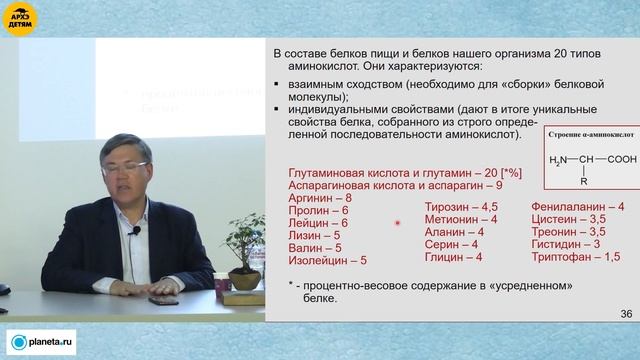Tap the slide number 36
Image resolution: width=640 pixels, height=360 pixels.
[x=626, y=314]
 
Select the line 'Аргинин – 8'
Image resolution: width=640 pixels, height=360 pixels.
[x=319, y=199]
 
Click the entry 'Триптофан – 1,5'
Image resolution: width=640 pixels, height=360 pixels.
[x=569, y=257]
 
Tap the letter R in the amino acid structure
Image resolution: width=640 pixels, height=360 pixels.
[x=584, y=181]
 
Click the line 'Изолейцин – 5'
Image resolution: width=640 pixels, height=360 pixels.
[x=327, y=260]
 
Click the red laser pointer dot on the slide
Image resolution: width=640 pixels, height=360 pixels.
[x=398, y=223]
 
